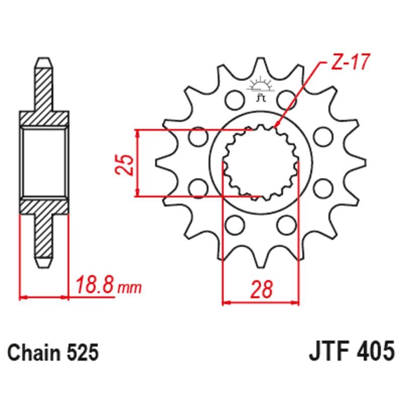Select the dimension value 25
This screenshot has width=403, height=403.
coord(125,163)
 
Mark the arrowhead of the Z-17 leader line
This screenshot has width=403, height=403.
coord(276,125)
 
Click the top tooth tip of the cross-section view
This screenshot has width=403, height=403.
coord(43,62)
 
